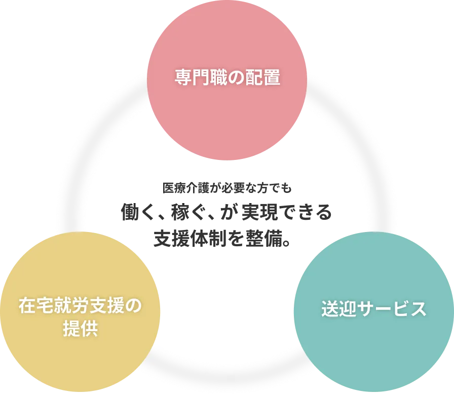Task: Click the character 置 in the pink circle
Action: (272, 78)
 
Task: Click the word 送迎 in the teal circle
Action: (338, 309)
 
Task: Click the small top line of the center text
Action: (225, 187)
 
